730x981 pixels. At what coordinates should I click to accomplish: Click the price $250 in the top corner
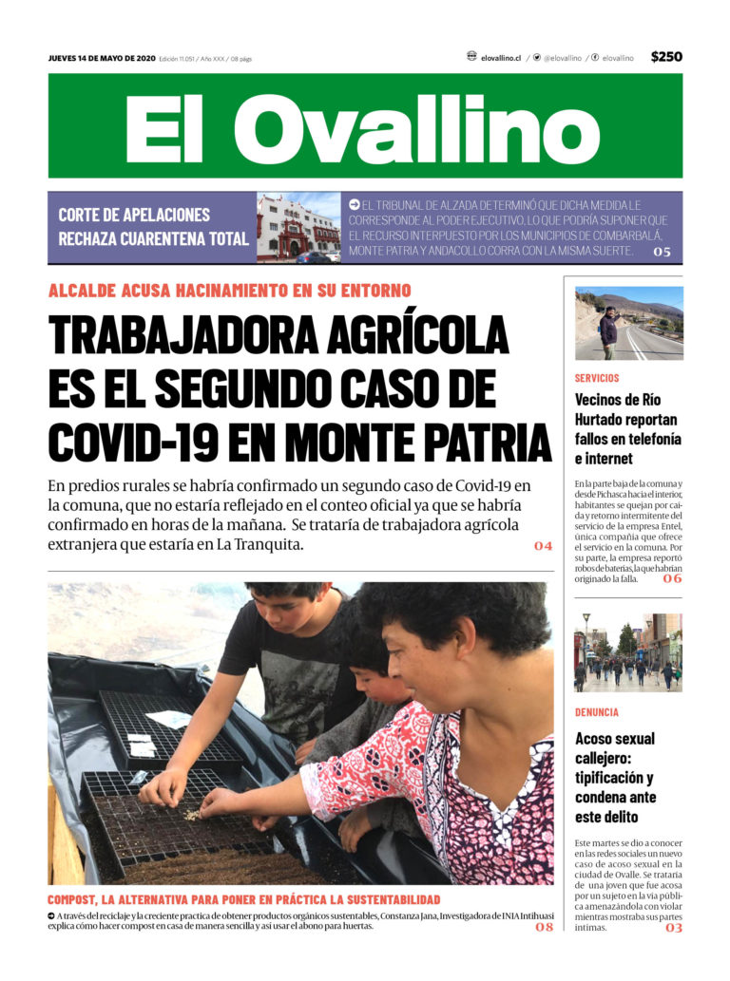(x=666, y=57)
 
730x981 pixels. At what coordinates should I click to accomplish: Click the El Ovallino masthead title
(x=365, y=127)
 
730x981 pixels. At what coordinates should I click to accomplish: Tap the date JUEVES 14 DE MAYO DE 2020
(x=102, y=58)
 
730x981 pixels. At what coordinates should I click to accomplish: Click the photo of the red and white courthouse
(x=298, y=228)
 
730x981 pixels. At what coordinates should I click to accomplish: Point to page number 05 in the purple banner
(x=662, y=252)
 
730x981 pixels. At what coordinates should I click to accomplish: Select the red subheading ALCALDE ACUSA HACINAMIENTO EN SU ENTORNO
(x=230, y=291)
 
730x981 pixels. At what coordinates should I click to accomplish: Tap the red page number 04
(x=543, y=546)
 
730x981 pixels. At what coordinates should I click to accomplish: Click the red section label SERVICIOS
(x=597, y=378)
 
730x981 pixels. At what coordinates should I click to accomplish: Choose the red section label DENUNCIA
(x=597, y=711)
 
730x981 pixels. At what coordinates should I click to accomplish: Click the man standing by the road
(x=607, y=330)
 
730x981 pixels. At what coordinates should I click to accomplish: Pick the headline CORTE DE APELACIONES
(x=134, y=215)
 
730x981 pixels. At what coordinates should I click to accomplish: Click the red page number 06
(x=672, y=578)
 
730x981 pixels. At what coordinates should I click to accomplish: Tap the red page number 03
(x=673, y=928)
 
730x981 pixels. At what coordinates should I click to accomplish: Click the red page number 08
(x=544, y=927)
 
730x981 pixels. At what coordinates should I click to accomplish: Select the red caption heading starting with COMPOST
(x=244, y=898)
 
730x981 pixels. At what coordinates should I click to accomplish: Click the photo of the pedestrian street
(x=628, y=652)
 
